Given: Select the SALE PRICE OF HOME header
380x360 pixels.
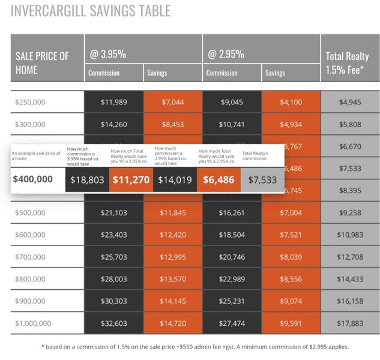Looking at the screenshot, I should (42, 62).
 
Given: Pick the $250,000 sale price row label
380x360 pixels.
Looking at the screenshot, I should (30, 102).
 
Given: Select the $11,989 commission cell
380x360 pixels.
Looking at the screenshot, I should (114, 102).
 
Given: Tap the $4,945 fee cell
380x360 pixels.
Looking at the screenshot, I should (351, 102).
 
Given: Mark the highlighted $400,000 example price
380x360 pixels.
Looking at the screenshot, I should (32, 179).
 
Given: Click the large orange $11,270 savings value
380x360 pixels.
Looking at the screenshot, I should (131, 179).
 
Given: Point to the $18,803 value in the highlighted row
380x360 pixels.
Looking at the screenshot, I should (87, 179).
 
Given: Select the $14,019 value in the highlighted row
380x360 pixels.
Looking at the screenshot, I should (175, 179).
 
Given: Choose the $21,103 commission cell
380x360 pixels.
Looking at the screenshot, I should (114, 212).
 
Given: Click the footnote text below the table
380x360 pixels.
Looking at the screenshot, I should (190, 346).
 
